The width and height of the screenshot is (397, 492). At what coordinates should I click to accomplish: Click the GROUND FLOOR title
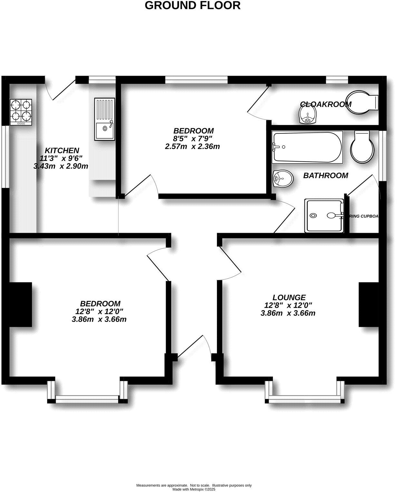tap(192, 5)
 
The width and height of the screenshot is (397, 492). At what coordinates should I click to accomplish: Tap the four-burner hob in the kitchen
tap(21, 112)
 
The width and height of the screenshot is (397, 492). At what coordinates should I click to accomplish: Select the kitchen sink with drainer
tap(104, 119)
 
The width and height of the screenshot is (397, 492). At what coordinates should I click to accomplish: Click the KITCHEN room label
tap(62, 150)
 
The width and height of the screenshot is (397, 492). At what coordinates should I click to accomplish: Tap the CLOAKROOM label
tap(325, 104)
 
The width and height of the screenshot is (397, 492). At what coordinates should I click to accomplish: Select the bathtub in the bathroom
tap(306, 147)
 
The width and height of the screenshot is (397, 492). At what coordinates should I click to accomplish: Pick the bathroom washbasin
tap(283, 178)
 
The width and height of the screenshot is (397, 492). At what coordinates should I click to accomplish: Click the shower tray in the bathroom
tap(324, 215)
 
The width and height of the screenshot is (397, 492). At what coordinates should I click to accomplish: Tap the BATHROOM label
tap(325, 175)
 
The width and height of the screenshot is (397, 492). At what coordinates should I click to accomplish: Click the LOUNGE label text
tap(289, 298)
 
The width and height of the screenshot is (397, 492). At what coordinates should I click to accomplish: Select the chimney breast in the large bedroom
tap(20, 305)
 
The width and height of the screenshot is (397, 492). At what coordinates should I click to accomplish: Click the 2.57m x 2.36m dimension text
tap(192, 147)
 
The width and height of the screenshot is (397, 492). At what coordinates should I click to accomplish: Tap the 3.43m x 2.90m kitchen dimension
tap(61, 166)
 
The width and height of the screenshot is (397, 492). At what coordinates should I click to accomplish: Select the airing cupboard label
tap(363, 216)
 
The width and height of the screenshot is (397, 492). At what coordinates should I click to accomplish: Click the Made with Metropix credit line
tap(194, 489)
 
